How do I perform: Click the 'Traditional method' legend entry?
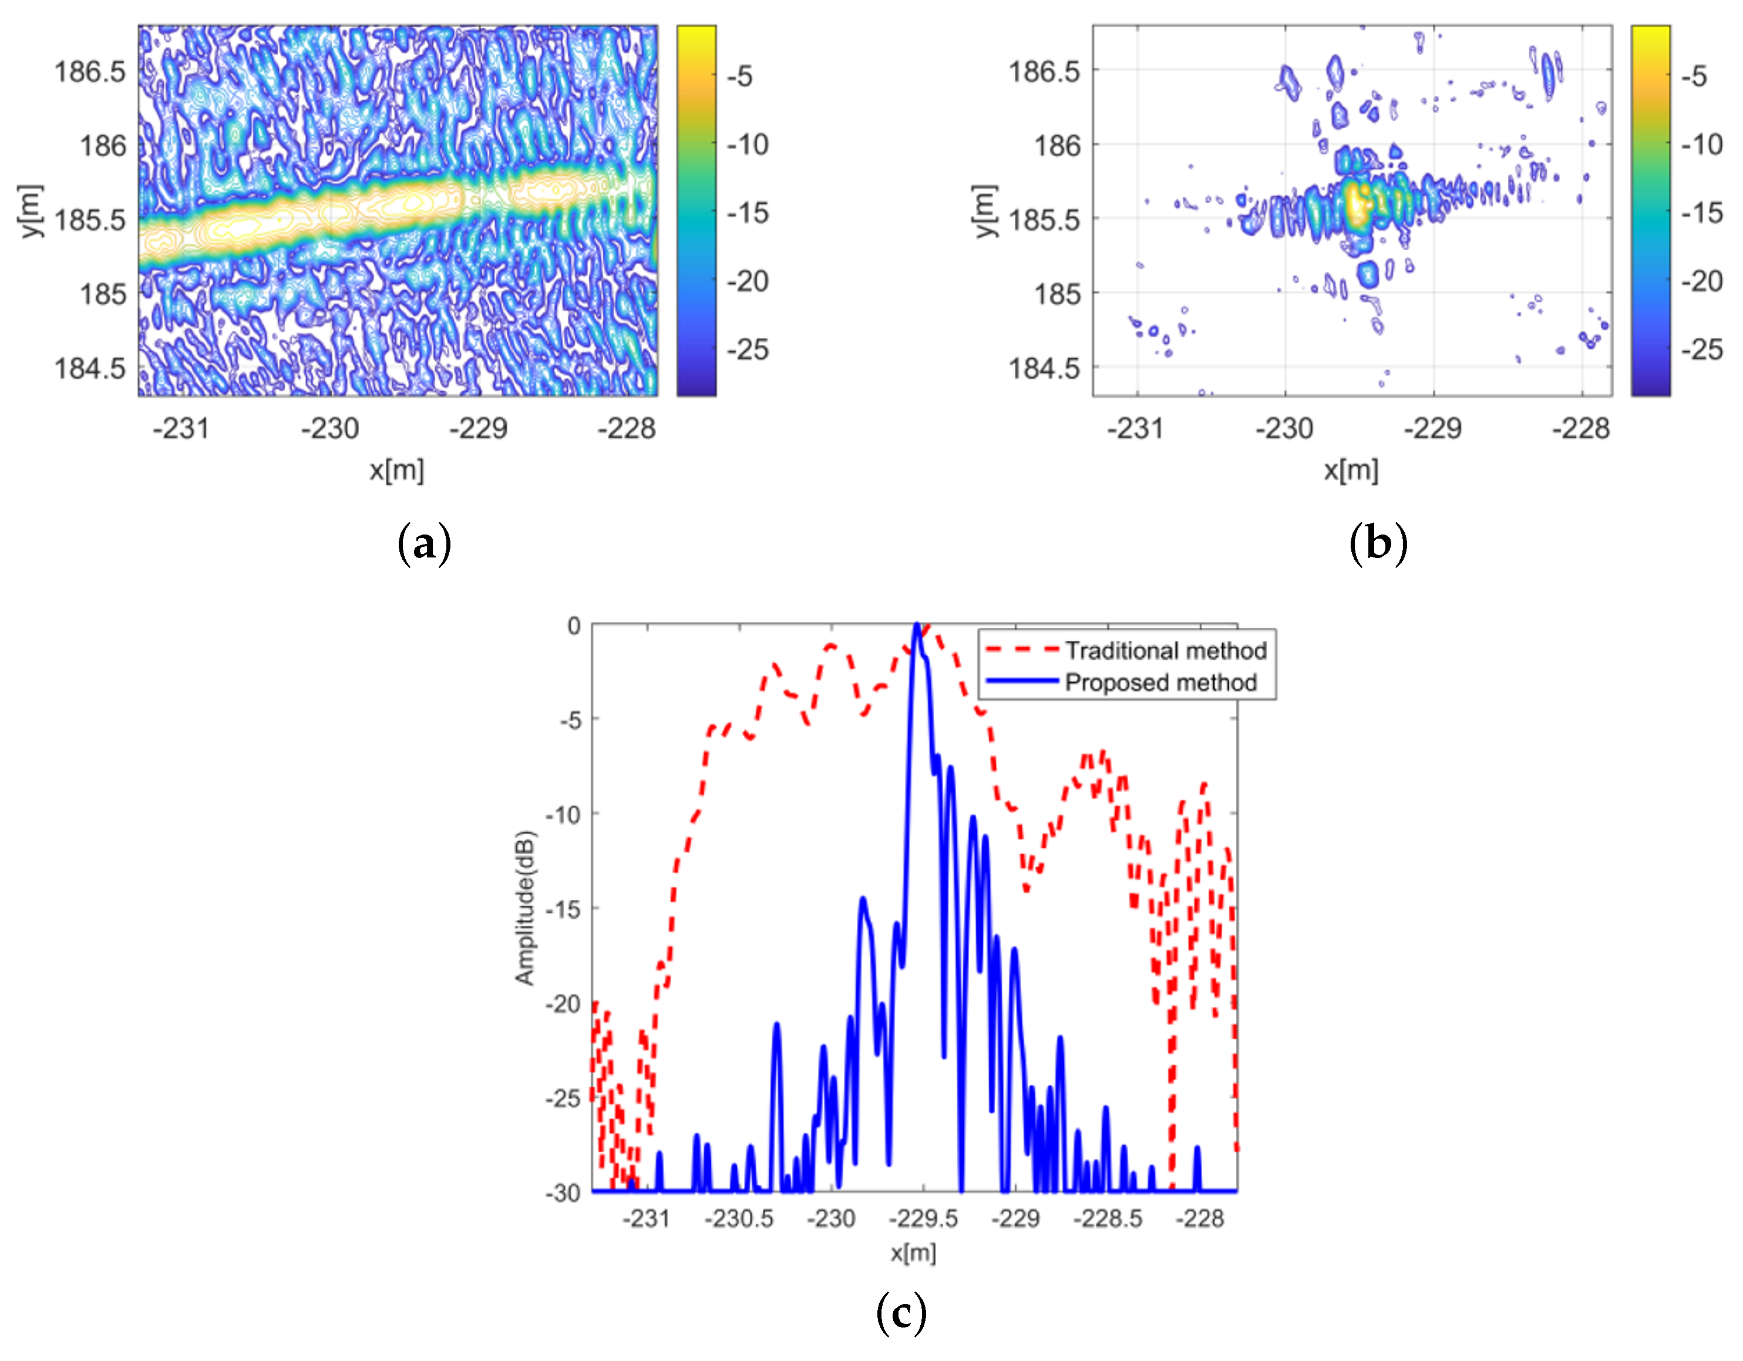1165,651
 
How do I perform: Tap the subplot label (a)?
424,545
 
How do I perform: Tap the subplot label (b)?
1378,545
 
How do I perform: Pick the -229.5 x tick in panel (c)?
923,1219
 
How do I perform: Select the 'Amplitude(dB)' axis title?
524,908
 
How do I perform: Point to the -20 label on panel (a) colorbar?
748,281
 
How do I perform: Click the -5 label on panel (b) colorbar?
1694,76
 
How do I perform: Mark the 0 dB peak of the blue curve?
917,627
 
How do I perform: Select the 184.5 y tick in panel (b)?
1044,369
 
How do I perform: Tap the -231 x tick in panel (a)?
180,429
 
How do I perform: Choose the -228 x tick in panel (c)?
1200,1219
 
